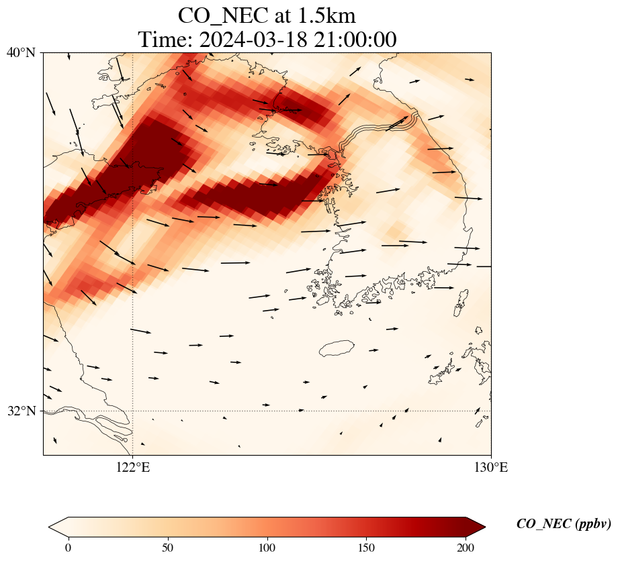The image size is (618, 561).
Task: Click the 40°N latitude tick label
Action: coord(21,52)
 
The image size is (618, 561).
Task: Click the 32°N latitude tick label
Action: coord(21,411)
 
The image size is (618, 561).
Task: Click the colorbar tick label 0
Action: coord(69,548)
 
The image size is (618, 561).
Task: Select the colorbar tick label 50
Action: coord(168,548)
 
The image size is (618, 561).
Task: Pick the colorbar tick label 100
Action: coord(267,548)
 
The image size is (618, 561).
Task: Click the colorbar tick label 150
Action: coord(367,548)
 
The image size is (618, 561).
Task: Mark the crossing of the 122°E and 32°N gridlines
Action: coord(133,411)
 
